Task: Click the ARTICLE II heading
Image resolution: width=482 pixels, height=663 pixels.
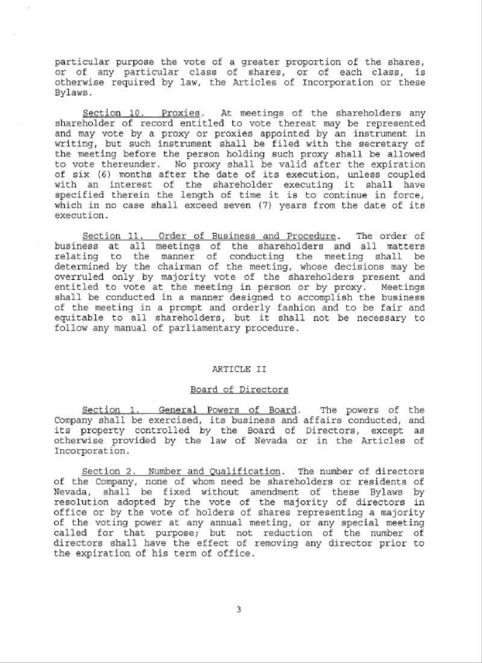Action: pyautogui.click(x=239, y=369)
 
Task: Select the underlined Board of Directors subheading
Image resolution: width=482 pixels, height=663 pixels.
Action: pyautogui.click(x=239, y=390)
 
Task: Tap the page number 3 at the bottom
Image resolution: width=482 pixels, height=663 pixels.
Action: pyautogui.click(x=239, y=609)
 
